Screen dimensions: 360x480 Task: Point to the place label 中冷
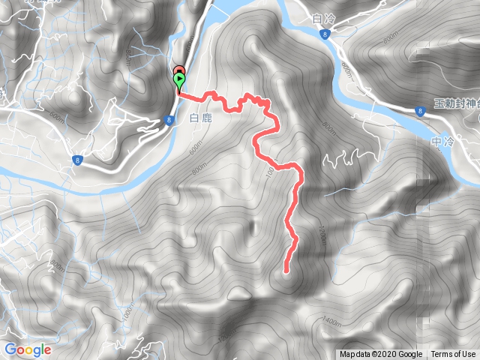click(444, 139)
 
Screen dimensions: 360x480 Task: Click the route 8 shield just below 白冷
click(322, 34)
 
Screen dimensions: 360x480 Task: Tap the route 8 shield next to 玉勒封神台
click(420, 111)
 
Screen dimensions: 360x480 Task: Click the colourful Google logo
click(28, 349)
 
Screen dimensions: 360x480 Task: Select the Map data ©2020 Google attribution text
click(381, 355)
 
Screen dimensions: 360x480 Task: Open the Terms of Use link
click(452, 355)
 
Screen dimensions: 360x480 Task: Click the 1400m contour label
click(330, 323)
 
